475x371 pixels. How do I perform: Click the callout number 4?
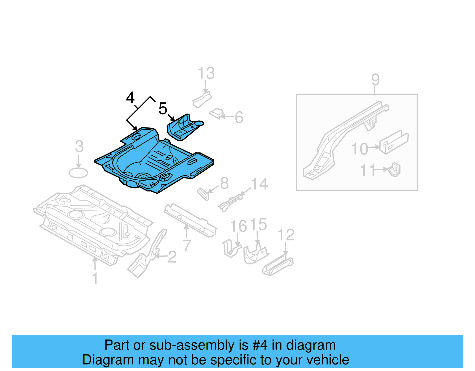click(x=130, y=98)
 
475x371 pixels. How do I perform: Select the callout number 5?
click(x=163, y=108)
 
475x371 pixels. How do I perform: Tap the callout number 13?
click(x=206, y=73)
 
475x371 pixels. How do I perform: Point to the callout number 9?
click(x=375, y=80)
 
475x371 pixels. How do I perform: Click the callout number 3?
click(x=79, y=146)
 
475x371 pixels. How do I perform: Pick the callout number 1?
click(x=95, y=279)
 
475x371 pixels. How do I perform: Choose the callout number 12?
click(x=286, y=235)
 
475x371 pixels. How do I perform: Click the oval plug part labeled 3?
click(x=78, y=173)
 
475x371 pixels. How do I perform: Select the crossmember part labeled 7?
click(x=190, y=220)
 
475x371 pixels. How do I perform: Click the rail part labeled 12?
click(x=278, y=265)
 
